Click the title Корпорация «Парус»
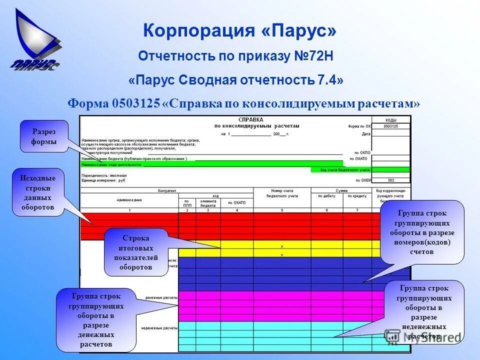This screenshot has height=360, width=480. click(x=239, y=31)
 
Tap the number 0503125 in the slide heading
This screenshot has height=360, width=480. click(x=136, y=103)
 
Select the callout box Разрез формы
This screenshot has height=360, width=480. click(x=44, y=136)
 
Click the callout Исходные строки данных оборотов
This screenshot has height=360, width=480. click(x=38, y=192)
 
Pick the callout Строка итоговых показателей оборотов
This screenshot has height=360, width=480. click(x=136, y=252)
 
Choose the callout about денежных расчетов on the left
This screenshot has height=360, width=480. click(x=96, y=319)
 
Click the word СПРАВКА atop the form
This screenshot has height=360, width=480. click(x=250, y=120)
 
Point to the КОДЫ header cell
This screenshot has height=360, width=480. click(x=391, y=120)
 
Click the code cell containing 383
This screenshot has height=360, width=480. click(x=391, y=180)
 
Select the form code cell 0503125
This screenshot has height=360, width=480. click(x=391, y=126)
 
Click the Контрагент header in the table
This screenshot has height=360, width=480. click(x=167, y=190)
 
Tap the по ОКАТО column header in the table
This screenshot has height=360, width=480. click(x=236, y=202)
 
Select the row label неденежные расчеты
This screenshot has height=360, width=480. click(x=161, y=328)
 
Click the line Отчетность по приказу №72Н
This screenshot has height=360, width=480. click(x=235, y=56)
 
